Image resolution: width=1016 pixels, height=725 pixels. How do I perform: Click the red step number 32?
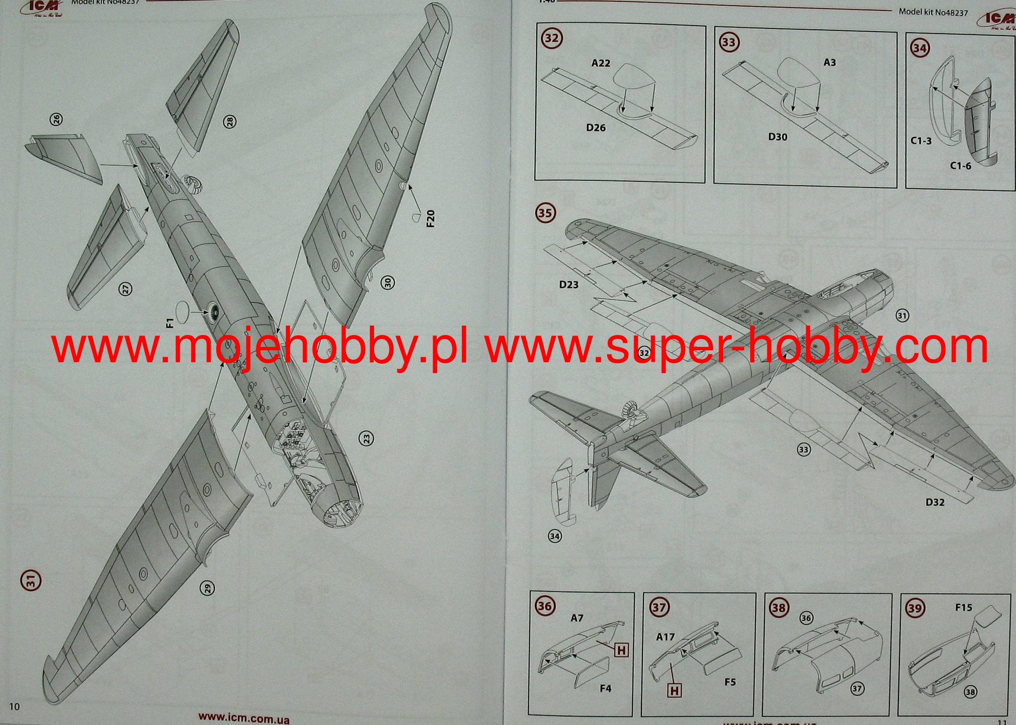551,39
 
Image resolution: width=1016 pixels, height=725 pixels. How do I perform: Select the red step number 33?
728,42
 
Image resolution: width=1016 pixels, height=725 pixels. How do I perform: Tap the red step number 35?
545,214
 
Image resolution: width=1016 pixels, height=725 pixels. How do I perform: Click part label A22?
601,63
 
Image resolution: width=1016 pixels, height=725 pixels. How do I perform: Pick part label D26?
596,128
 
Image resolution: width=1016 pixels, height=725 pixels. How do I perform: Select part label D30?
777,137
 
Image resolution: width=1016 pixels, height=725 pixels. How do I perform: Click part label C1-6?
960,166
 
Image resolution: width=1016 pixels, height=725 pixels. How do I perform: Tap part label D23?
569,284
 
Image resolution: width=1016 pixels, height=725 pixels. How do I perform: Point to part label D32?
935,502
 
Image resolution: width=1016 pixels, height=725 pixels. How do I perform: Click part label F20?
430,218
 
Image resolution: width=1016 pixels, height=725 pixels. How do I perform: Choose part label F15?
963,608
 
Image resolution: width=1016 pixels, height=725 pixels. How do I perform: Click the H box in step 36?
622,650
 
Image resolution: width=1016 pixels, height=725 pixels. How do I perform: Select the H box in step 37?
674,690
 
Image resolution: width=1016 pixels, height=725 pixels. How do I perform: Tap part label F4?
605,688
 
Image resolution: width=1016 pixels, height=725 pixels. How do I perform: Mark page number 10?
14,707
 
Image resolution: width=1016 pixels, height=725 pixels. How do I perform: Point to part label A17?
665,637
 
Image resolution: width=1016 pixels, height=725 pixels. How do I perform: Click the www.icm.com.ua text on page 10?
244,718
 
